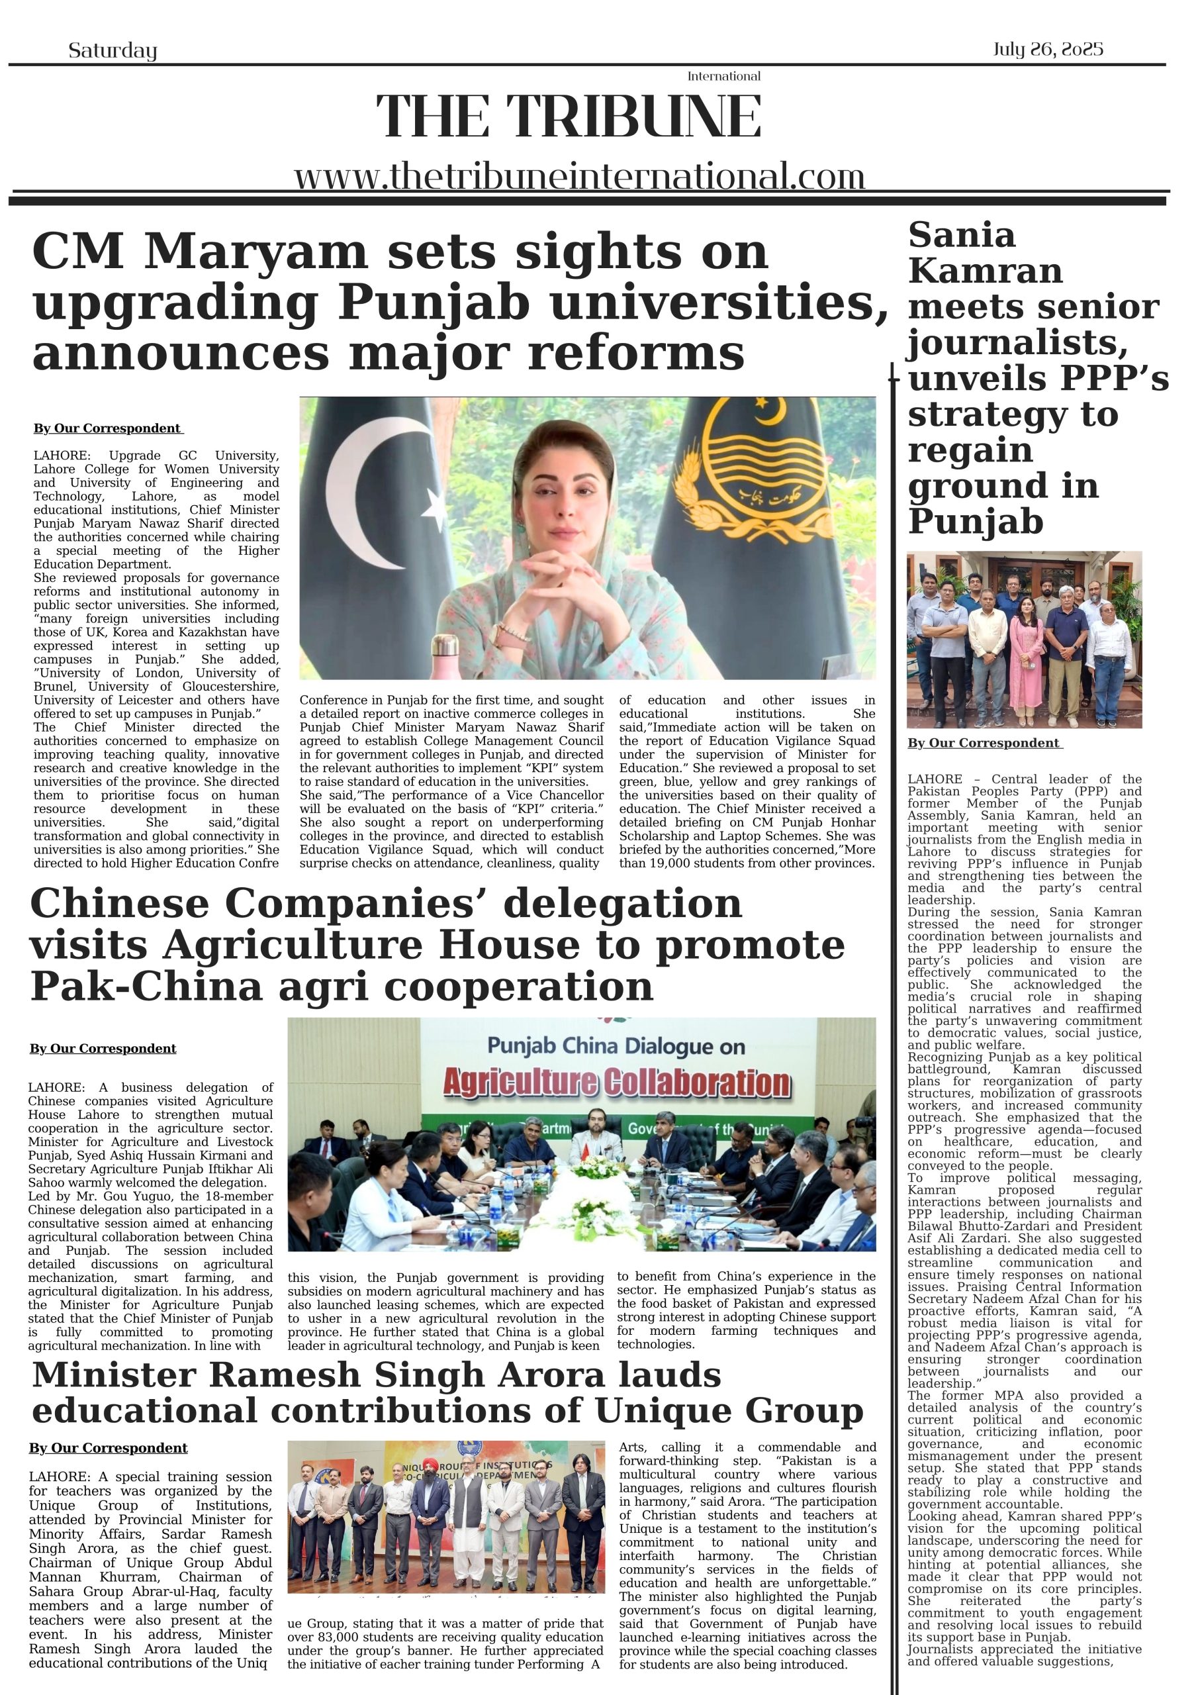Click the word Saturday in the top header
113,50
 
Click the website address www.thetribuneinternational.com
579,177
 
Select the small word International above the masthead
723,76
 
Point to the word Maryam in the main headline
255,252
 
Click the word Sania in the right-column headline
962,236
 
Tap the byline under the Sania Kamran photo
985,743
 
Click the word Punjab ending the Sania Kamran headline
975,521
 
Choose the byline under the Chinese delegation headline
103,1048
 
